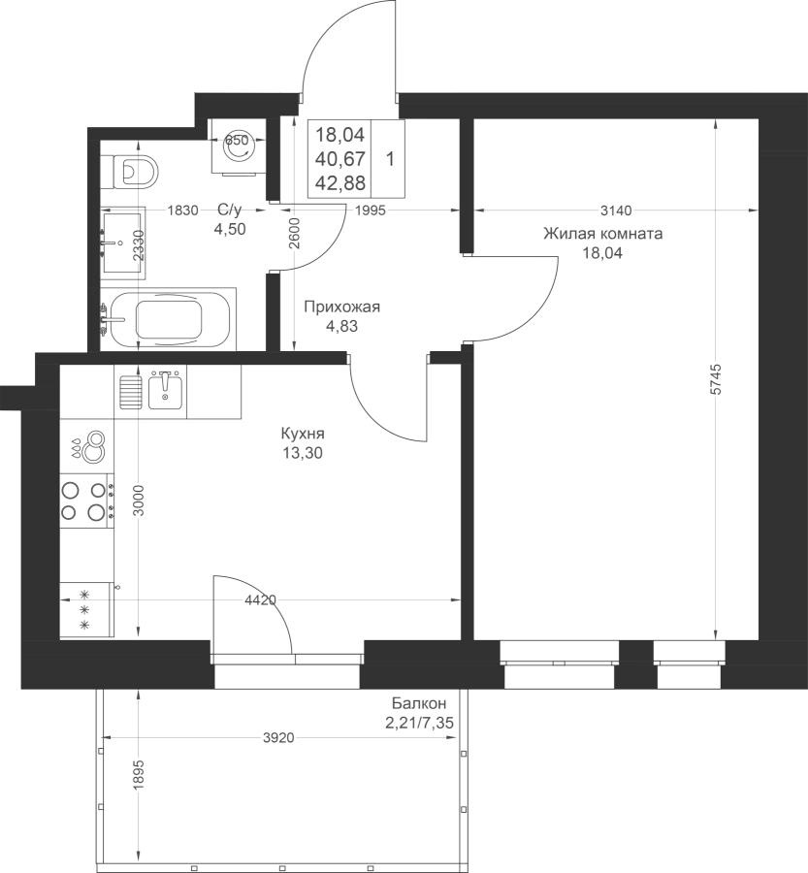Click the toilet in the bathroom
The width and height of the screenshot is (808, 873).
(136, 172)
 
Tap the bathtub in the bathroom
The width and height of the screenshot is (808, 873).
(170, 319)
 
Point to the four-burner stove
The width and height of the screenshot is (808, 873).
(87, 501)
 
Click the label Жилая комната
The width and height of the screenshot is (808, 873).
(603, 233)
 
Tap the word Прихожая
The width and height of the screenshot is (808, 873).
(341, 307)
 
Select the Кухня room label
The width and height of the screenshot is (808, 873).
(303, 434)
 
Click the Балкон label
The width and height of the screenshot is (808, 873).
(419, 703)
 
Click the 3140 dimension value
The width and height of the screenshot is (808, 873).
(617, 210)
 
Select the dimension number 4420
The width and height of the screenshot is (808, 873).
(261, 599)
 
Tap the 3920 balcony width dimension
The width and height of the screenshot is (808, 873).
(277, 738)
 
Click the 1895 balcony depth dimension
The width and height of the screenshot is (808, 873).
(139, 774)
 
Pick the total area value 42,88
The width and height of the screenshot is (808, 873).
(339, 182)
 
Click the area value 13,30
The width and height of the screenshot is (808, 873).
(303, 453)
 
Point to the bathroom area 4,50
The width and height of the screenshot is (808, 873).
(230, 229)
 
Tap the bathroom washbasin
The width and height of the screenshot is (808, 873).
(123, 242)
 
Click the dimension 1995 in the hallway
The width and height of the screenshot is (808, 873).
(370, 210)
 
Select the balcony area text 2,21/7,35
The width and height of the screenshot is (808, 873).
(419, 723)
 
